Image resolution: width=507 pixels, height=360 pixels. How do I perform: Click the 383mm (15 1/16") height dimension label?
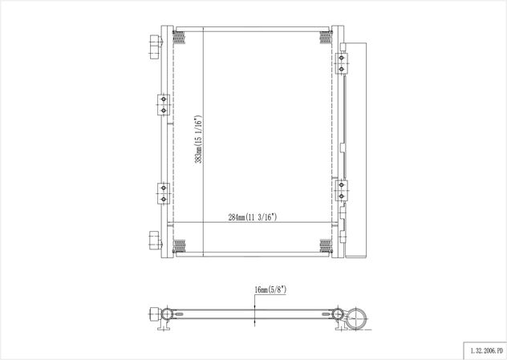point(198,139)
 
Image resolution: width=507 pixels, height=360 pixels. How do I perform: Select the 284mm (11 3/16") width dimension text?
point(253,217)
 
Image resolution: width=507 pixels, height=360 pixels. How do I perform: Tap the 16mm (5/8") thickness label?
point(270,289)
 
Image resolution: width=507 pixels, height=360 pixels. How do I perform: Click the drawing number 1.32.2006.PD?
point(487,350)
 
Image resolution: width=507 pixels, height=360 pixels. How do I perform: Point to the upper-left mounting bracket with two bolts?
point(164,105)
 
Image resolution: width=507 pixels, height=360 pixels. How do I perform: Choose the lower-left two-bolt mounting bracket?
point(164,193)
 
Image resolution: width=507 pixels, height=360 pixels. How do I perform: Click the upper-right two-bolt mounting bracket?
point(341,63)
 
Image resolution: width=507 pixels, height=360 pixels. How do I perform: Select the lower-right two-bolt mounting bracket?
point(341,190)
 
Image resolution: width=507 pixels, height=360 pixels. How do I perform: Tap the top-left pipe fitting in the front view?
point(156,47)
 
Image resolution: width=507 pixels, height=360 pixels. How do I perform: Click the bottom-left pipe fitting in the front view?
point(155,241)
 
